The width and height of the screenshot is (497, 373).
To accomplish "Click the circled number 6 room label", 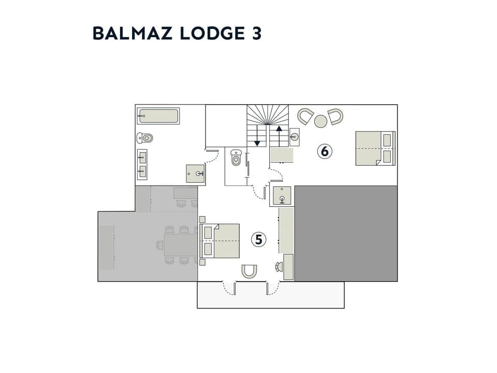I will (325, 151).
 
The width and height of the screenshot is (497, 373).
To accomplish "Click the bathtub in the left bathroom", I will (158, 116).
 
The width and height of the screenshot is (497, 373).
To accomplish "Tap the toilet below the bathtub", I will (145, 138).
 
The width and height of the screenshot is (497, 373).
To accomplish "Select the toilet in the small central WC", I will (237, 157).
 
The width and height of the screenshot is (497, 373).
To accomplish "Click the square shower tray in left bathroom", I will (196, 175).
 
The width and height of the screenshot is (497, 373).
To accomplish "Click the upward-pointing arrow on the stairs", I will (279, 134).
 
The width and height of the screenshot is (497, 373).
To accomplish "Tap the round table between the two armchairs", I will (321, 121).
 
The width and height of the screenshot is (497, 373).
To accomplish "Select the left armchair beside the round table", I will (306, 116).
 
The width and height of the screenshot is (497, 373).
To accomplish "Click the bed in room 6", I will (374, 148).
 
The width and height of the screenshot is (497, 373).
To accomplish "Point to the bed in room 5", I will (221, 241).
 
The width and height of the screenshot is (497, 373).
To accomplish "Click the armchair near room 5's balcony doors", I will (250, 271).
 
